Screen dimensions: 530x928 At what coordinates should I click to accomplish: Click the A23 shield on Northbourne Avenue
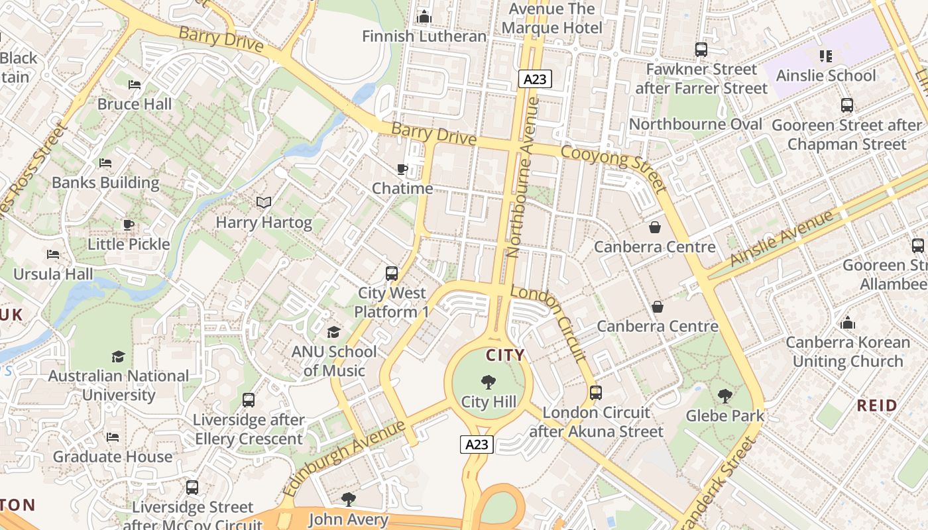coord(534,79)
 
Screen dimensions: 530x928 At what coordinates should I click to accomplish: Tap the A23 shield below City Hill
coord(477,445)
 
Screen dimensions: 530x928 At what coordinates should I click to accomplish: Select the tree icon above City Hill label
coord(489,382)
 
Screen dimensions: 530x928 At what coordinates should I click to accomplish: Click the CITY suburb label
coord(505,355)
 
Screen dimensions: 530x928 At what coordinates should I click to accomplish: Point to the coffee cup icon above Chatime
coord(402,169)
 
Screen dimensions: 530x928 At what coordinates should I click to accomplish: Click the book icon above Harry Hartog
coord(264,202)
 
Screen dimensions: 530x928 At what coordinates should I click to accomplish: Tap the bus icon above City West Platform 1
coord(392,273)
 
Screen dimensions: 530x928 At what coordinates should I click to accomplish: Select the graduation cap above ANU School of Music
coord(333,332)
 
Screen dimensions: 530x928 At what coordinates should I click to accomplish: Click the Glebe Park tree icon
coord(725,396)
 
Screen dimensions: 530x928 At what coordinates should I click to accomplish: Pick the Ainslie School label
coord(826,76)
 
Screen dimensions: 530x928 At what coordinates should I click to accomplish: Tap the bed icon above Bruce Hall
coord(135,85)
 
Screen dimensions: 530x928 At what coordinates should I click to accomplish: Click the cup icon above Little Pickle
coord(129,225)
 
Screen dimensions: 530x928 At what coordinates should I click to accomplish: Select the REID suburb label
coord(877,405)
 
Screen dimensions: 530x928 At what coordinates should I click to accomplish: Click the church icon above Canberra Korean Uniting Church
coord(847,323)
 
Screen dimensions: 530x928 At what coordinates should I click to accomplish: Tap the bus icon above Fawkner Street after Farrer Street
coord(701,50)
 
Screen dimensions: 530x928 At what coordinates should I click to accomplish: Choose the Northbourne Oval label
coord(695,125)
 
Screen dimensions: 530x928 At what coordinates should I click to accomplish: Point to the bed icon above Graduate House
coord(113,437)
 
